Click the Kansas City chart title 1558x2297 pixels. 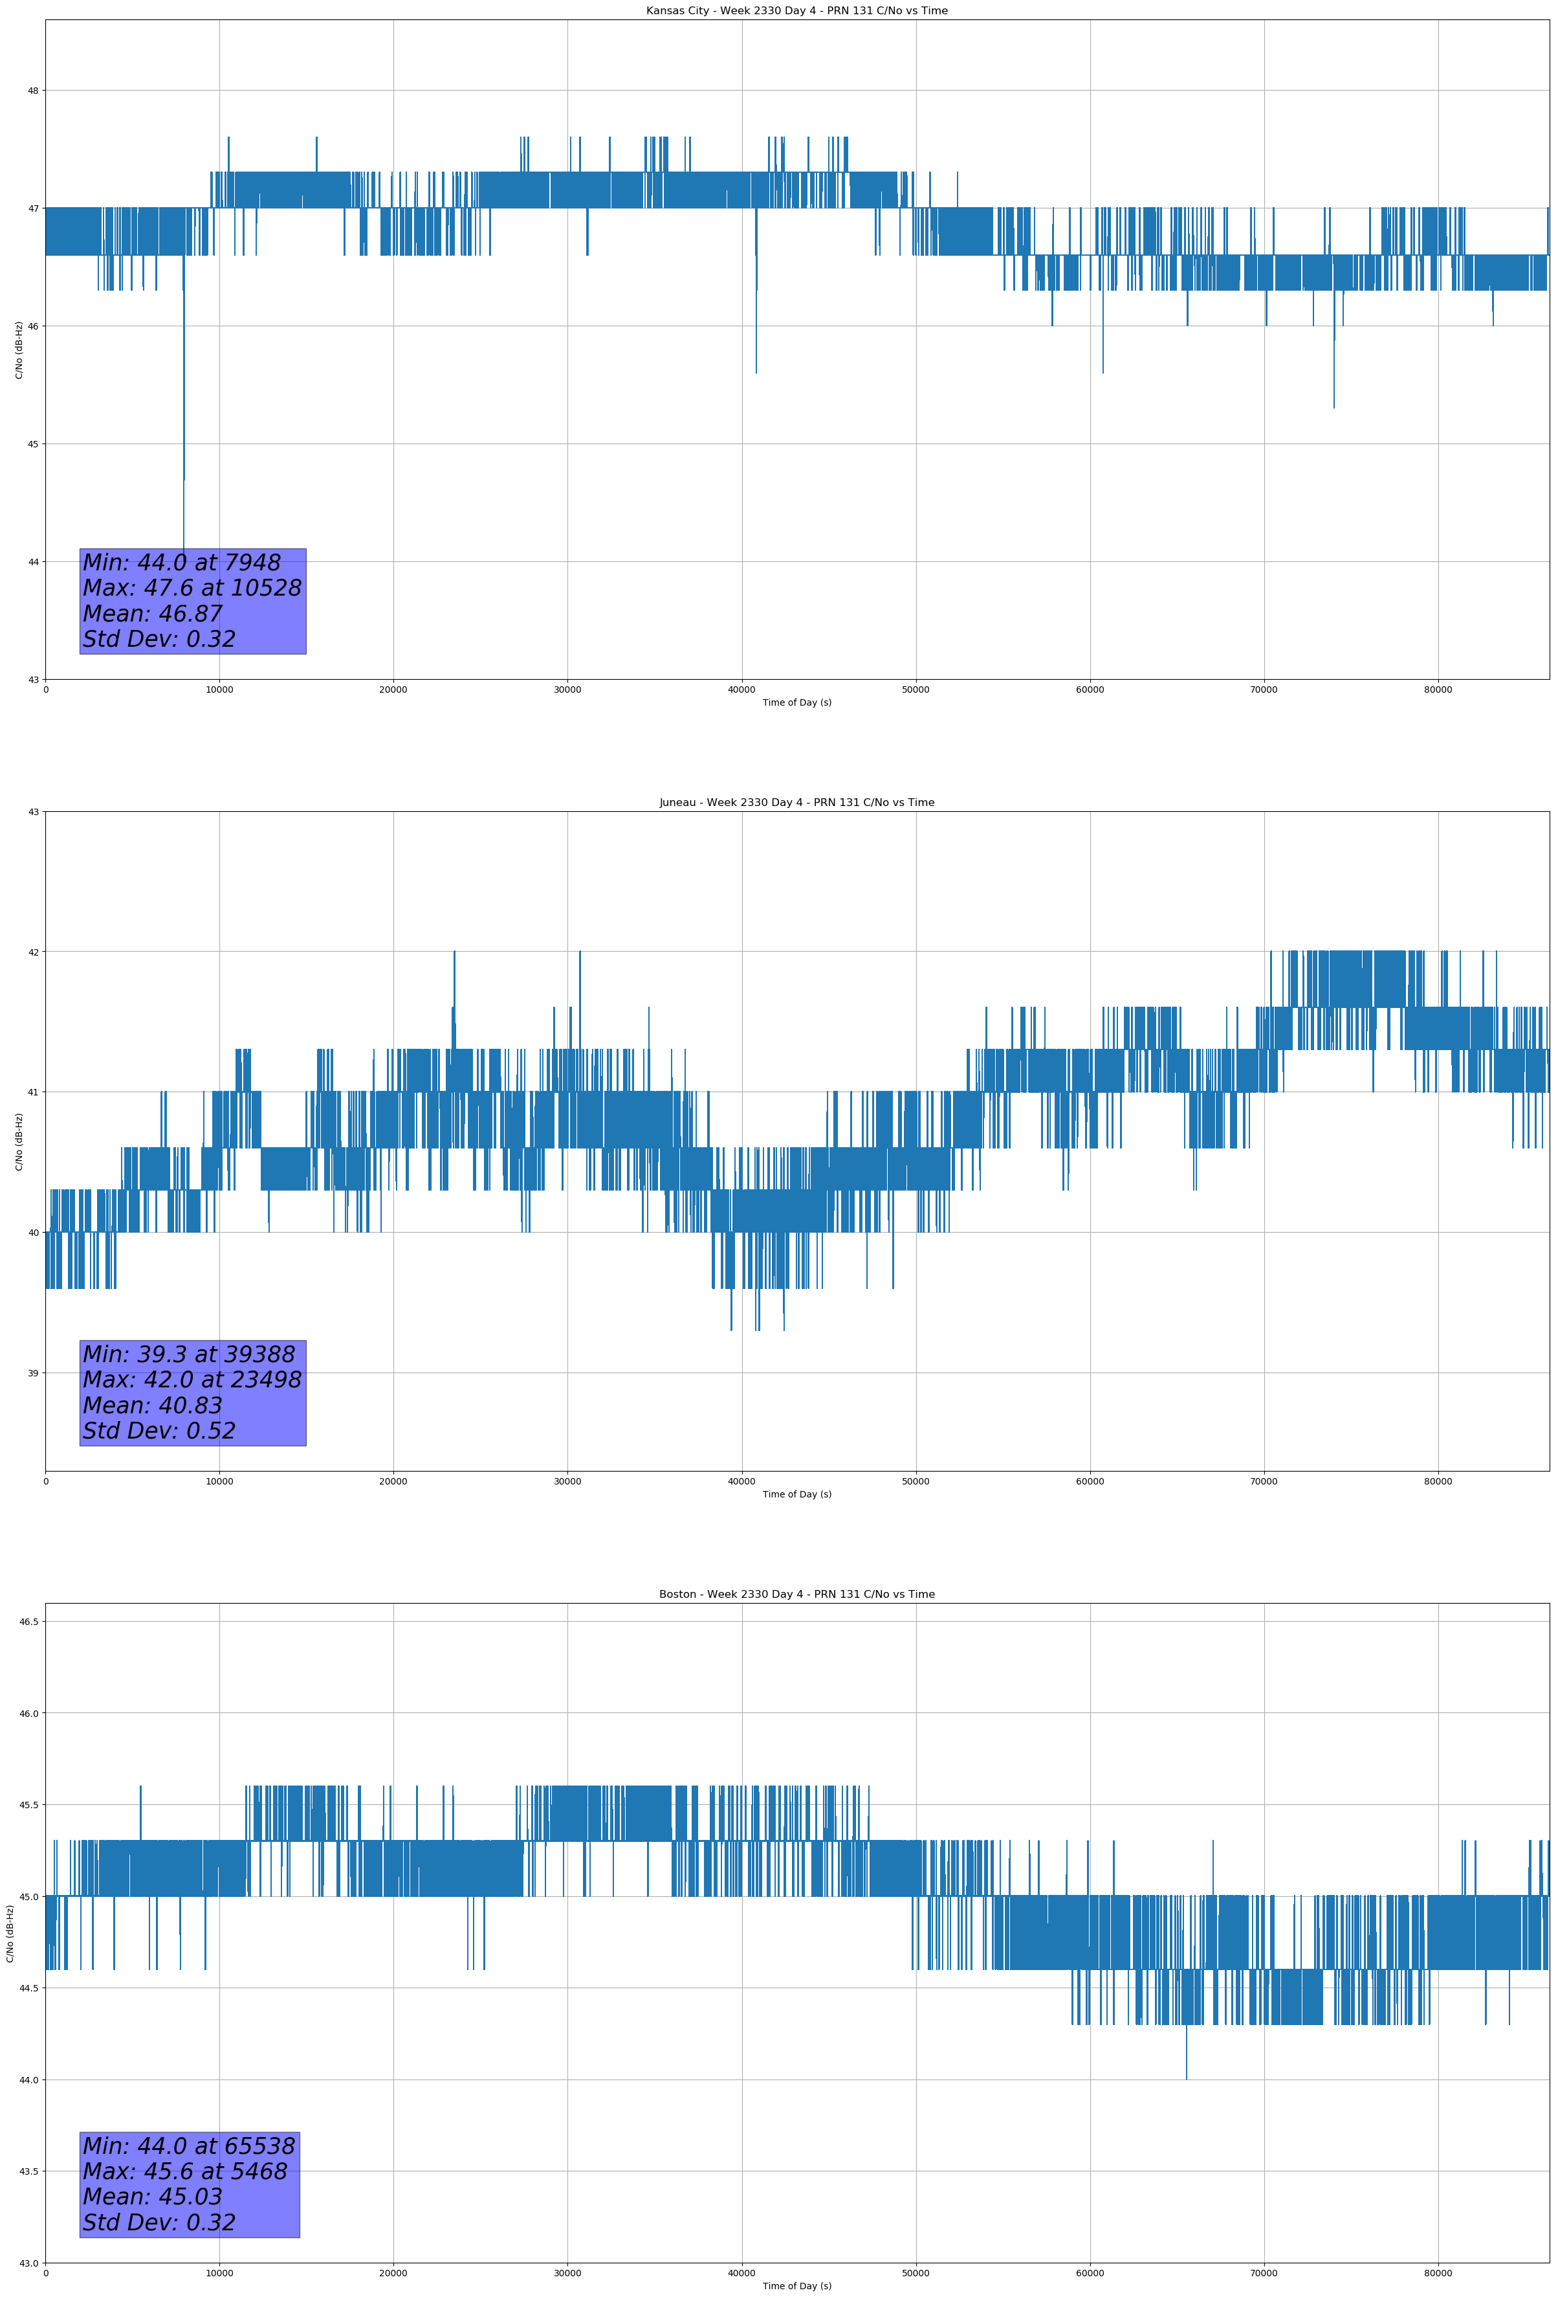796,11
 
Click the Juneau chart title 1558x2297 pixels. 796,803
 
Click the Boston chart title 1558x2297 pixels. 796,1595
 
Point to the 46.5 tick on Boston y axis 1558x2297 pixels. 28,1622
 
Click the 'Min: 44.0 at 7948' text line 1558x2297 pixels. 182,563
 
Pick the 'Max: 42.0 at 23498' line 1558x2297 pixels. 192,1380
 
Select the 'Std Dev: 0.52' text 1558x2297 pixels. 159,1431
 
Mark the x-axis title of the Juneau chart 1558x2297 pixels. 796,1494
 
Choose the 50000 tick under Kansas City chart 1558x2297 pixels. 915,690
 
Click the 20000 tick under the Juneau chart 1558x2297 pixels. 393,1481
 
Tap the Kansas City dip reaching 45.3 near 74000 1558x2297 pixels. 1333,405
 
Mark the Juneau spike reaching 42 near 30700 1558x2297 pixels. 580,954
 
